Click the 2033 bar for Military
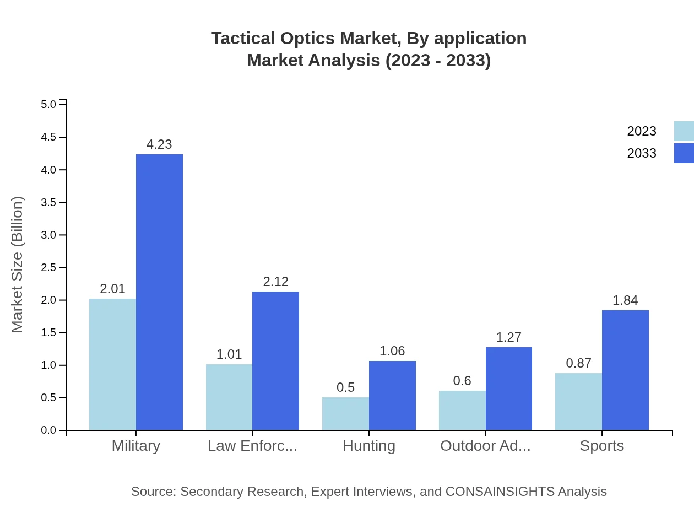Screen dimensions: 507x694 click(x=159, y=292)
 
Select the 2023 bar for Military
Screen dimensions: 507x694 click(x=112, y=364)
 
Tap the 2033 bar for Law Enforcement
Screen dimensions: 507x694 click(x=275, y=360)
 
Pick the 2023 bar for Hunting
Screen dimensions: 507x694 click(x=345, y=413)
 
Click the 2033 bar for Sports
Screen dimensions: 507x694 click(x=625, y=370)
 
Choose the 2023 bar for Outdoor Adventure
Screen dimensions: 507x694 click(x=462, y=410)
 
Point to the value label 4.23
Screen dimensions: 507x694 click(x=159, y=144)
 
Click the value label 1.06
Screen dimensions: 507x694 click(x=392, y=351)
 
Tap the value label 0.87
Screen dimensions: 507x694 click(x=578, y=363)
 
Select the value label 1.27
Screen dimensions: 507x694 click(x=508, y=337)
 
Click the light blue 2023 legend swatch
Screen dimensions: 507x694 click(x=684, y=131)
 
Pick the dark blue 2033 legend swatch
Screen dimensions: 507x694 click(x=684, y=153)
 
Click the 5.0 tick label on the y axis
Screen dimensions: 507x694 click(x=49, y=104)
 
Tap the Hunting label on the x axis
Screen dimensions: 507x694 click(x=368, y=446)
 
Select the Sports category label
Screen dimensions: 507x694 click(x=601, y=446)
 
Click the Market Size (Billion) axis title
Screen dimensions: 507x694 click(x=18, y=265)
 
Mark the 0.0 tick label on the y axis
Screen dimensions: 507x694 click(x=49, y=430)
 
